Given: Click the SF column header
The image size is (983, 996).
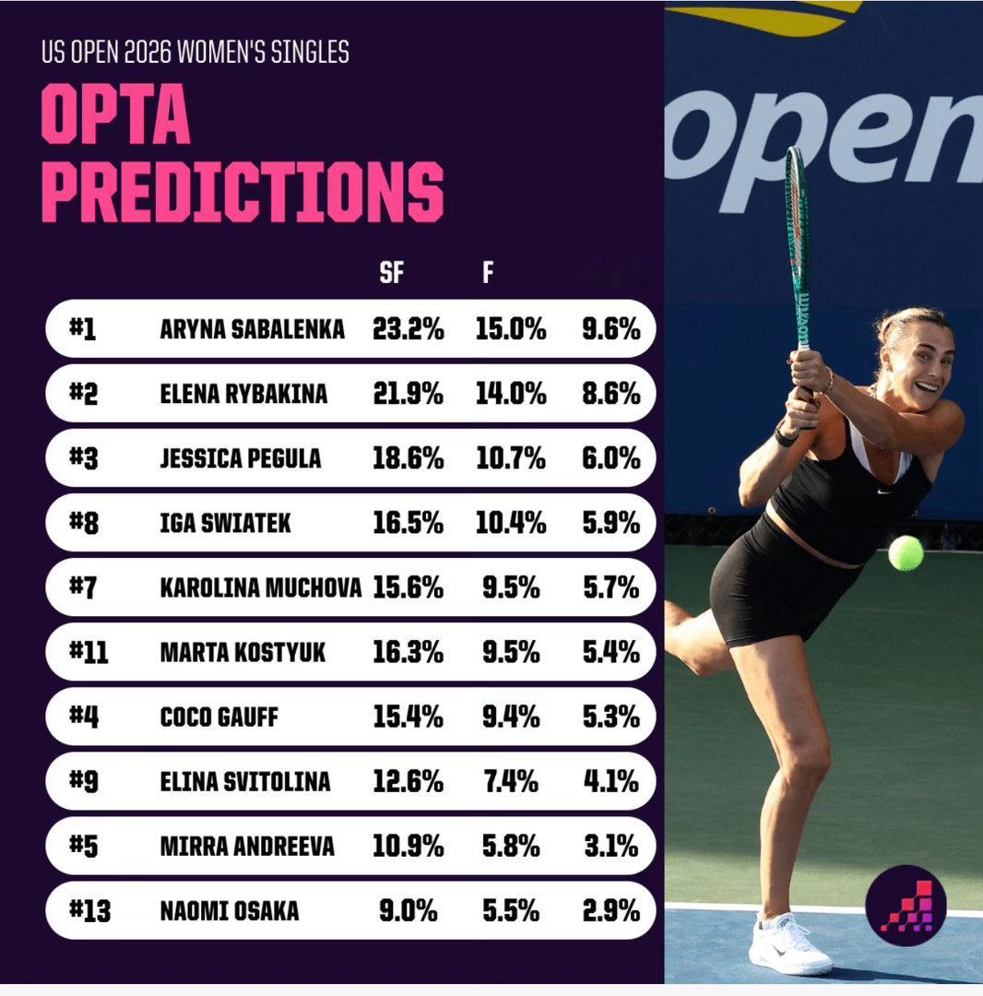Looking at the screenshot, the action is point(391,272).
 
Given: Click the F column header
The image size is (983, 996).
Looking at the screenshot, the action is point(488,272).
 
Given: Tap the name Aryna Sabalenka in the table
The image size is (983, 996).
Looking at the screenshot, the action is point(252,329).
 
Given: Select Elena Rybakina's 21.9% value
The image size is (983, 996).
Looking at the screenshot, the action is point(408,395).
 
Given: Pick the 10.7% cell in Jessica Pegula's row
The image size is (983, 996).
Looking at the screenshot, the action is point(511,458).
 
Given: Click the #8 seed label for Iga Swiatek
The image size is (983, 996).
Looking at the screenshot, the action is point(84,524).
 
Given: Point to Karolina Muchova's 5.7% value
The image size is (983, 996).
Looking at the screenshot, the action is point(610,587).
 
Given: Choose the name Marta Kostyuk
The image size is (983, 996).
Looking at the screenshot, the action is point(243,652).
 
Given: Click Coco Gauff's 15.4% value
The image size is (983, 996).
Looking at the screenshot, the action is point(408,717).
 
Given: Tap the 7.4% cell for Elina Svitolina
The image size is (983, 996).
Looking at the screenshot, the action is point(511,781).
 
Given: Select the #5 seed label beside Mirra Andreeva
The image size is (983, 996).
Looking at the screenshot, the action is point(84,846).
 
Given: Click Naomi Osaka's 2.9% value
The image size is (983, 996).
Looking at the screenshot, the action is point(610,911).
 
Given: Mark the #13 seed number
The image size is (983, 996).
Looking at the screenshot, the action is point(89,911).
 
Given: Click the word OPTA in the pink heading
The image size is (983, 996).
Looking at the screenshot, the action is point(115,114).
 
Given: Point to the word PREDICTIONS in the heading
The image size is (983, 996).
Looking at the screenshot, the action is point(242,192).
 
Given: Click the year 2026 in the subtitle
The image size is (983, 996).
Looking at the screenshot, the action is point(148,52).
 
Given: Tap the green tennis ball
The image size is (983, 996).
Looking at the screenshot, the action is point(906,553).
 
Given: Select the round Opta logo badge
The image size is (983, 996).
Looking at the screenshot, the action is point(906,906).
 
